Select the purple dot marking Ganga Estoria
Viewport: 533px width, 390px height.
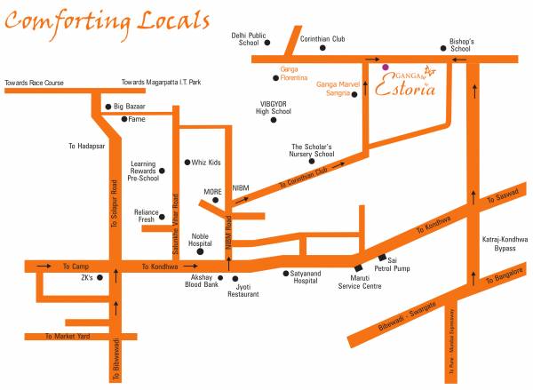[385, 67]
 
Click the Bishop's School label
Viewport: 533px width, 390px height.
[460, 45]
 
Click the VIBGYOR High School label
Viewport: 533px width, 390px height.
[269, 108]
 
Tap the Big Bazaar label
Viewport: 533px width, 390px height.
[130, 107]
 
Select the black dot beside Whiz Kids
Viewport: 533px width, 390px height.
[186, 163]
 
